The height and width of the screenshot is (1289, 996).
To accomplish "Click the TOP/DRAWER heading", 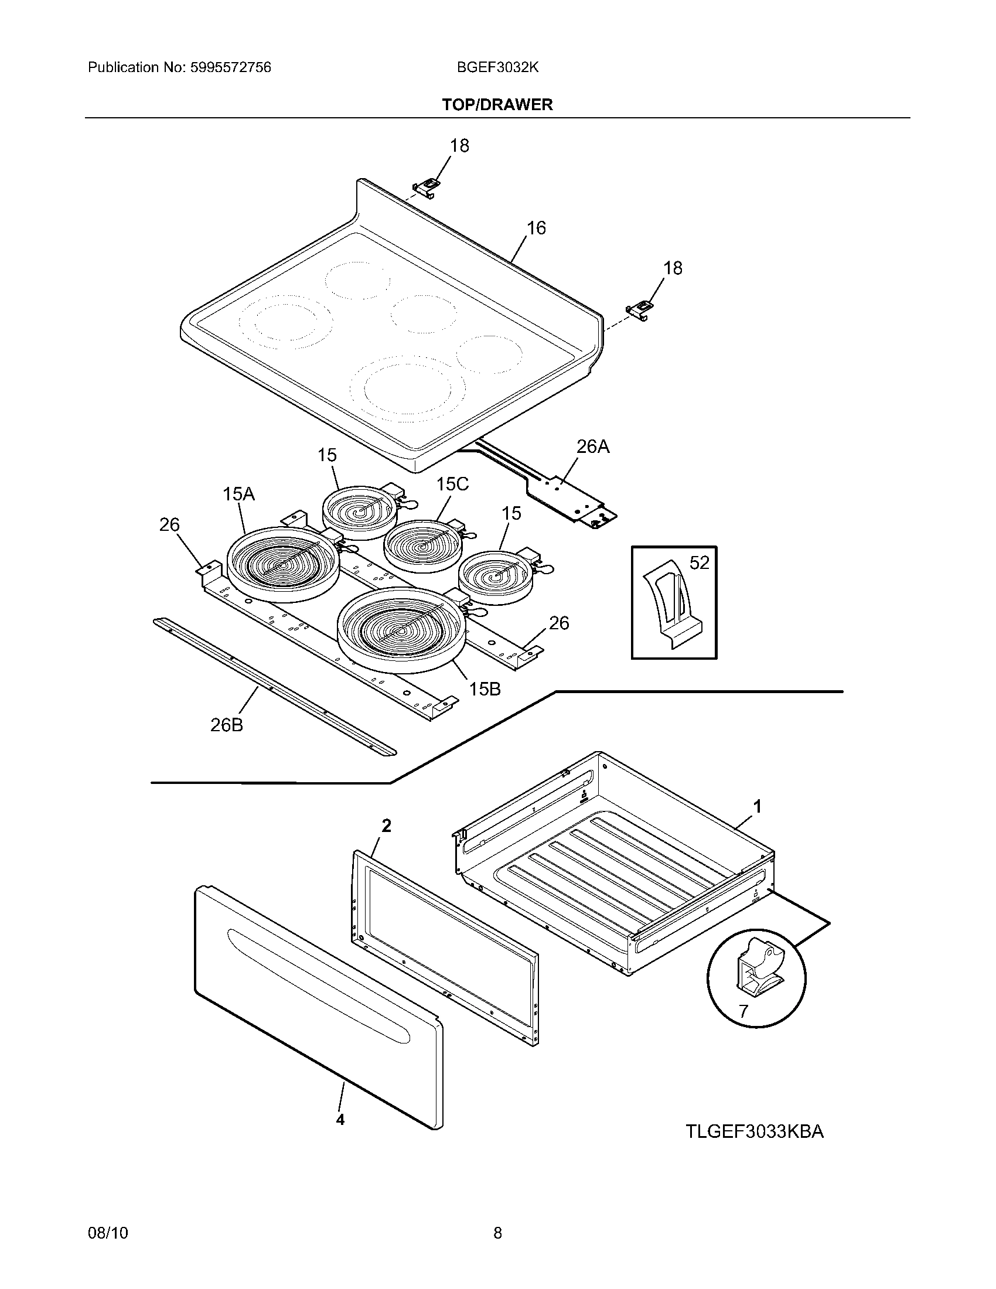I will (x=497, y=105).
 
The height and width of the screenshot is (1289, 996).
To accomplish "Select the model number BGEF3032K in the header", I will (x=497, y=67).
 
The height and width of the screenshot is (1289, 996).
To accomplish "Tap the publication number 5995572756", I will (x=230, y=67).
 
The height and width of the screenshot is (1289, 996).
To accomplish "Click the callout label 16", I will (x=535, y=228).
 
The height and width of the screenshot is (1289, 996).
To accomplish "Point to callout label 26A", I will (x=592, y=447).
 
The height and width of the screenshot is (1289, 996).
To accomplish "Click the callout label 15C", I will (x=452, y=484).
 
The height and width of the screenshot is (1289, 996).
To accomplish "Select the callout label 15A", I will (x=238, y=494).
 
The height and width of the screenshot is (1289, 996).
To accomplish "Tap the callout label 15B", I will (x=485, y=689).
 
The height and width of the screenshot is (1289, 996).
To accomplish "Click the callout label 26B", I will (x=227, y=725).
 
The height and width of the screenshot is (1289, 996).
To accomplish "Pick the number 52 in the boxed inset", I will (x=699, y=562).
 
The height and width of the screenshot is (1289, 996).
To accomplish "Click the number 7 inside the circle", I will (x=743, y=1011).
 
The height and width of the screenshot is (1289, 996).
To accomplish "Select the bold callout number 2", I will (x=386, y=826).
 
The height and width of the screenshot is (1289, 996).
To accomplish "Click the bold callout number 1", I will (x=758, y=806).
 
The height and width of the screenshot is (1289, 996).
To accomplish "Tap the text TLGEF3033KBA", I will (x=754, y=1131).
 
